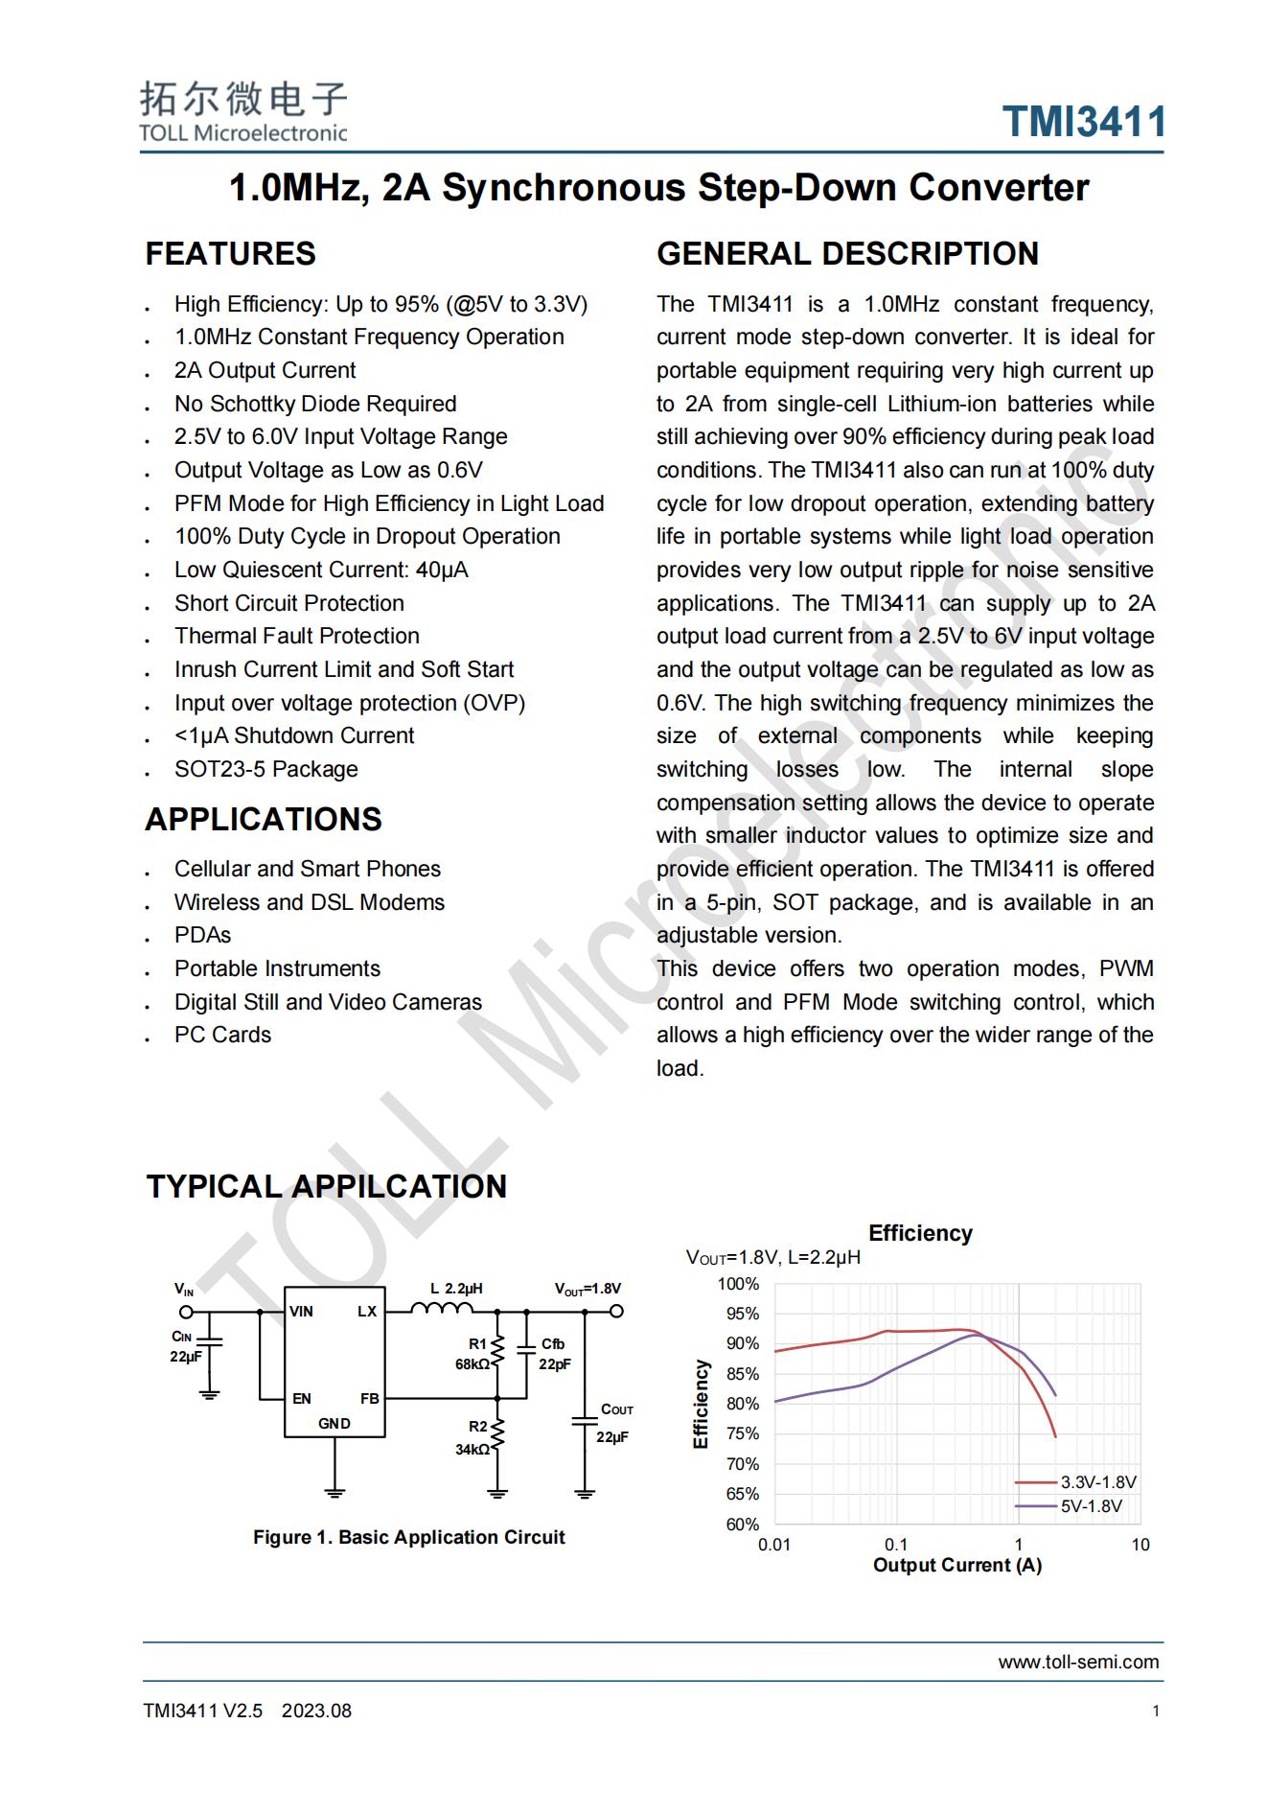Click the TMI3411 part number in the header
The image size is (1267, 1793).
(x=1083, y=123)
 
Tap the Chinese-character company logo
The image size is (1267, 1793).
(x=243, y=98)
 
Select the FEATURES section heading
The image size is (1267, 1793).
(x=230, y=254)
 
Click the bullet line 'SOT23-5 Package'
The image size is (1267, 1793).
(x=265, y=769)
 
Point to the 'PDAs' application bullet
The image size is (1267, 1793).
(x=202, y=935)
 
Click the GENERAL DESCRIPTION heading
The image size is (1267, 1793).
(x=847, y=254)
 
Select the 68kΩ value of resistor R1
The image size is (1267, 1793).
(x=472, y=1363)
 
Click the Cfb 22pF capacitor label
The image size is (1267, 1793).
(x=554, y=1354)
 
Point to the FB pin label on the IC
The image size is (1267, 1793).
(x=369, y=1399)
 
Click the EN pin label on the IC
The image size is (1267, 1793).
(x=301, y=1399)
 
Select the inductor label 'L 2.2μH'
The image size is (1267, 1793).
(x=455, y=1289)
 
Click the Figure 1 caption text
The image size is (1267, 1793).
(x=408, y=1537)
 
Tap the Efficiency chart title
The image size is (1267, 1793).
(x=920, y=1233)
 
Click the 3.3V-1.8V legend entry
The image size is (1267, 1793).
(x=1097, y=1482)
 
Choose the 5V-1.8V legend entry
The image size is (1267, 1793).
(x=1091, y=1506)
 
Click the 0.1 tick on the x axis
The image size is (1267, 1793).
(x=895, y=1545)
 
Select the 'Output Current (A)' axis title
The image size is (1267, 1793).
(x=956, y=1566)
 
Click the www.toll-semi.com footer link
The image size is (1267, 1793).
(x=1078, y=1662)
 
